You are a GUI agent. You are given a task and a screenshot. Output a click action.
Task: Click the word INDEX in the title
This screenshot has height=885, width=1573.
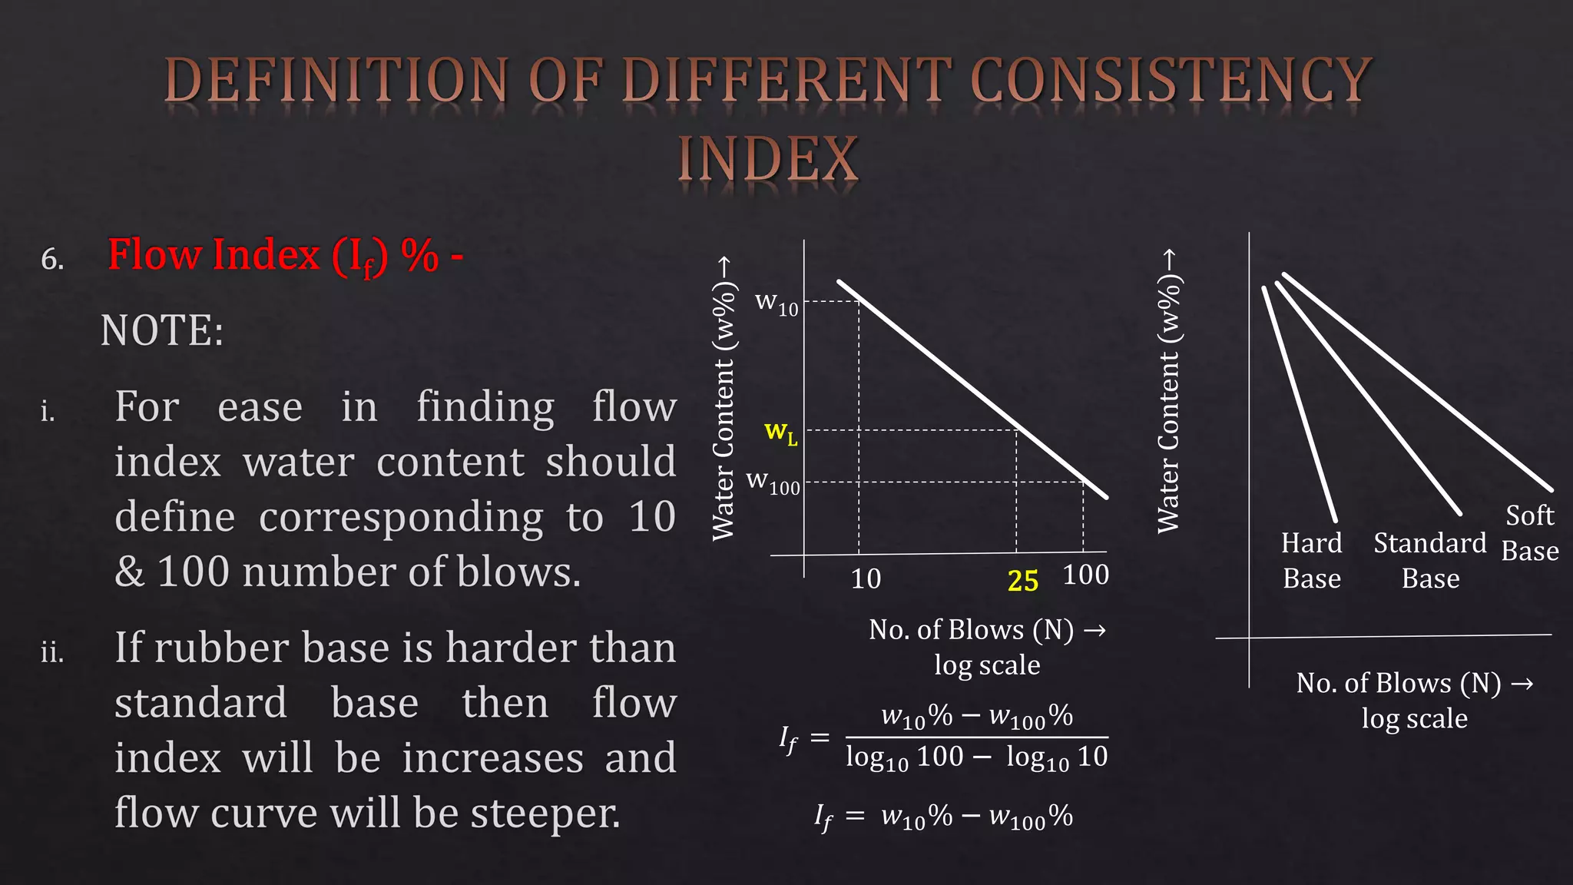pyautogui.click(x=767, y=160)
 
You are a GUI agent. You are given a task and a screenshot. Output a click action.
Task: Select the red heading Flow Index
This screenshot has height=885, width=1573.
pyautogui.click(x=214, y=256)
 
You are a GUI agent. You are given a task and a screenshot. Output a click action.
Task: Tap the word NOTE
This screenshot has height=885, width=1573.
pyautogui.click(x=161, y=331)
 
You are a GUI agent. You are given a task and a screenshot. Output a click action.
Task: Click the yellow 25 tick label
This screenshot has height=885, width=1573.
pyautogui.click(x=1022, y=581)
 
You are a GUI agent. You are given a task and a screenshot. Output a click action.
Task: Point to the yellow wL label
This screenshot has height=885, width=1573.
pyautogui.click(x=780, y=433)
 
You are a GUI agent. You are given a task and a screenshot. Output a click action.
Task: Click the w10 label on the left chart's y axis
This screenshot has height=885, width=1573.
pyautogui.click(x=777, y=303)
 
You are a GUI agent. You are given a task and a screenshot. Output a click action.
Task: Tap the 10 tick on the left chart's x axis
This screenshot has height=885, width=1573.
pyautogui.click(x=866, y=578)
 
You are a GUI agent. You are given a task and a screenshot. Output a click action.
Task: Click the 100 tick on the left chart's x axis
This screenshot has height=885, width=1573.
pyautogui.click(x=1085, y=575)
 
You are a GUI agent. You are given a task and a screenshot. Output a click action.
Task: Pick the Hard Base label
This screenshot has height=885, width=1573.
pyautogui.click(x=1312, y=561)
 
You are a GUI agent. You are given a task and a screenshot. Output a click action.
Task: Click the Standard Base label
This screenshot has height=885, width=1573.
pyautogui.click(x=1429, y=561)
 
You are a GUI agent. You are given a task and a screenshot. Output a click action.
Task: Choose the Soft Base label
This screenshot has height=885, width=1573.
pyautogui.click(x=1530, y=533)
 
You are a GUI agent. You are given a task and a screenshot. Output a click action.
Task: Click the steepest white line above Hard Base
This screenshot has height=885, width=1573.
pyautogui.click(x=1300, y=403)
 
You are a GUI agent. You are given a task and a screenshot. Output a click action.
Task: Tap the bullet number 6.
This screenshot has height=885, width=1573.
pyautogui.click(x=52, y=260)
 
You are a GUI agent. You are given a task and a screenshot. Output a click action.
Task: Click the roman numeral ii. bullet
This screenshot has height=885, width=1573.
pyautogui.click(x=52, y=653)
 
